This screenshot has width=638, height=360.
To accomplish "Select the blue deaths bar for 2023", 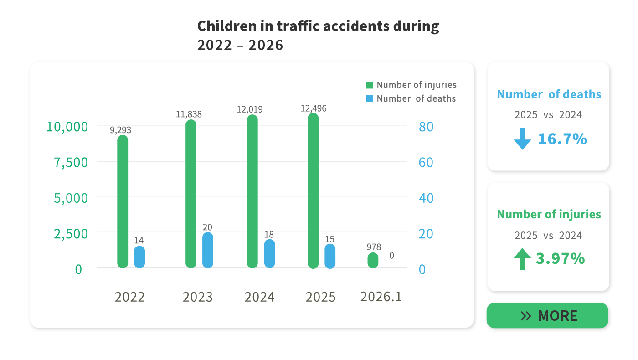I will coord(208,250).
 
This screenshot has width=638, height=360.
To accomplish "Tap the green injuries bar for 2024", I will coord(252,191).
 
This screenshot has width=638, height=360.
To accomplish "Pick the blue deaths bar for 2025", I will coord(330,256).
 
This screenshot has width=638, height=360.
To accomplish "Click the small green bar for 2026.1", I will coord(373,261).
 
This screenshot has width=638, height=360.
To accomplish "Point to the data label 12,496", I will coord(314,108).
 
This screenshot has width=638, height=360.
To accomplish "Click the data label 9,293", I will coord(120,130).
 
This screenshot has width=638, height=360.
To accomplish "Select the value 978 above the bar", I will coord(374,247).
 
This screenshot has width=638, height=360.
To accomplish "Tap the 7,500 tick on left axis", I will coord(71,162).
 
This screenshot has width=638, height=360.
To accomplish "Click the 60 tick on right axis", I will coord(426,162).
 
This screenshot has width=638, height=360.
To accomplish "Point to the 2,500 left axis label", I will coord(71,234).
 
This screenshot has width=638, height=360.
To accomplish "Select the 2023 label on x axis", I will coord(197,297).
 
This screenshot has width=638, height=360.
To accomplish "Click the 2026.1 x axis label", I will coord(381,297).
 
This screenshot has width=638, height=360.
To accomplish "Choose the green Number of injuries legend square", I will coord(370,85).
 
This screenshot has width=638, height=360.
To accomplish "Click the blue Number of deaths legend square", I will coord(370,98).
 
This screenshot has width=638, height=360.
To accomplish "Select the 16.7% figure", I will coord(562,139).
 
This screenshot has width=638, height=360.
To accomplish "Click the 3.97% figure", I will coord(560,259).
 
